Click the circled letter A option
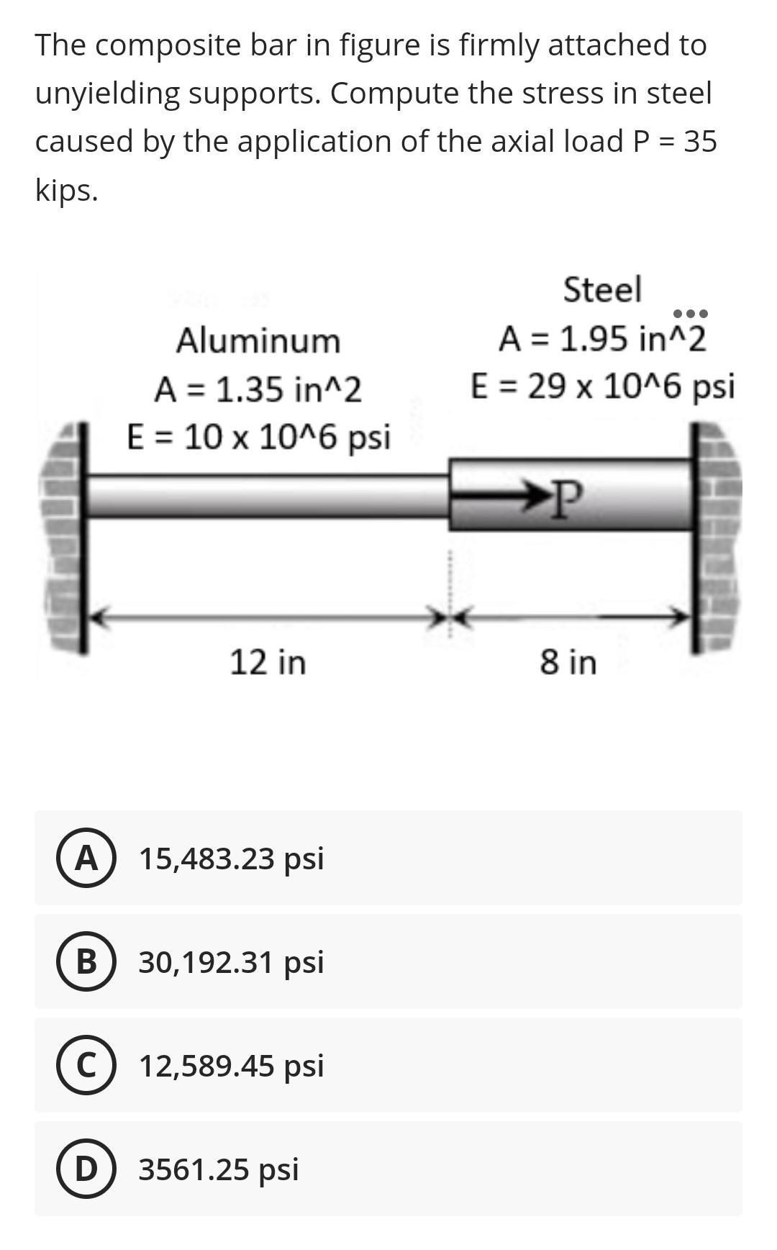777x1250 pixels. coord(86,858)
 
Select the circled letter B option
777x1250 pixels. coord(86,961)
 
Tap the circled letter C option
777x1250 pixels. coord(86,1065)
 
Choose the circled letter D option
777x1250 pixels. coord(86,1169)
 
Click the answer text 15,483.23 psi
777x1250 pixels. coord(231,858)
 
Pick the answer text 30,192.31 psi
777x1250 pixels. coord(231,961)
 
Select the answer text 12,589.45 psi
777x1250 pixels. coord(231,1065)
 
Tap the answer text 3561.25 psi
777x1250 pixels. coord(218,1169)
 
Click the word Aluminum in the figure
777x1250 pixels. coord(258,340)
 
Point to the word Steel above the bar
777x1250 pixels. coord(602,289)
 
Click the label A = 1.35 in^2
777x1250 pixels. coord(258,389)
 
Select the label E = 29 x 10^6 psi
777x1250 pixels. coord(602,386)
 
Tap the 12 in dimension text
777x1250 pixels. coord(268,661)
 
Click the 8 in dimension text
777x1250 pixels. coord(568,661)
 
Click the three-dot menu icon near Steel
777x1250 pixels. coord(690,314)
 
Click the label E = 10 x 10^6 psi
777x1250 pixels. coord(258,437)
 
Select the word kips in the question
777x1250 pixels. coord(66,190)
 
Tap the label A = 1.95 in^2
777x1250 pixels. coord(602,338)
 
